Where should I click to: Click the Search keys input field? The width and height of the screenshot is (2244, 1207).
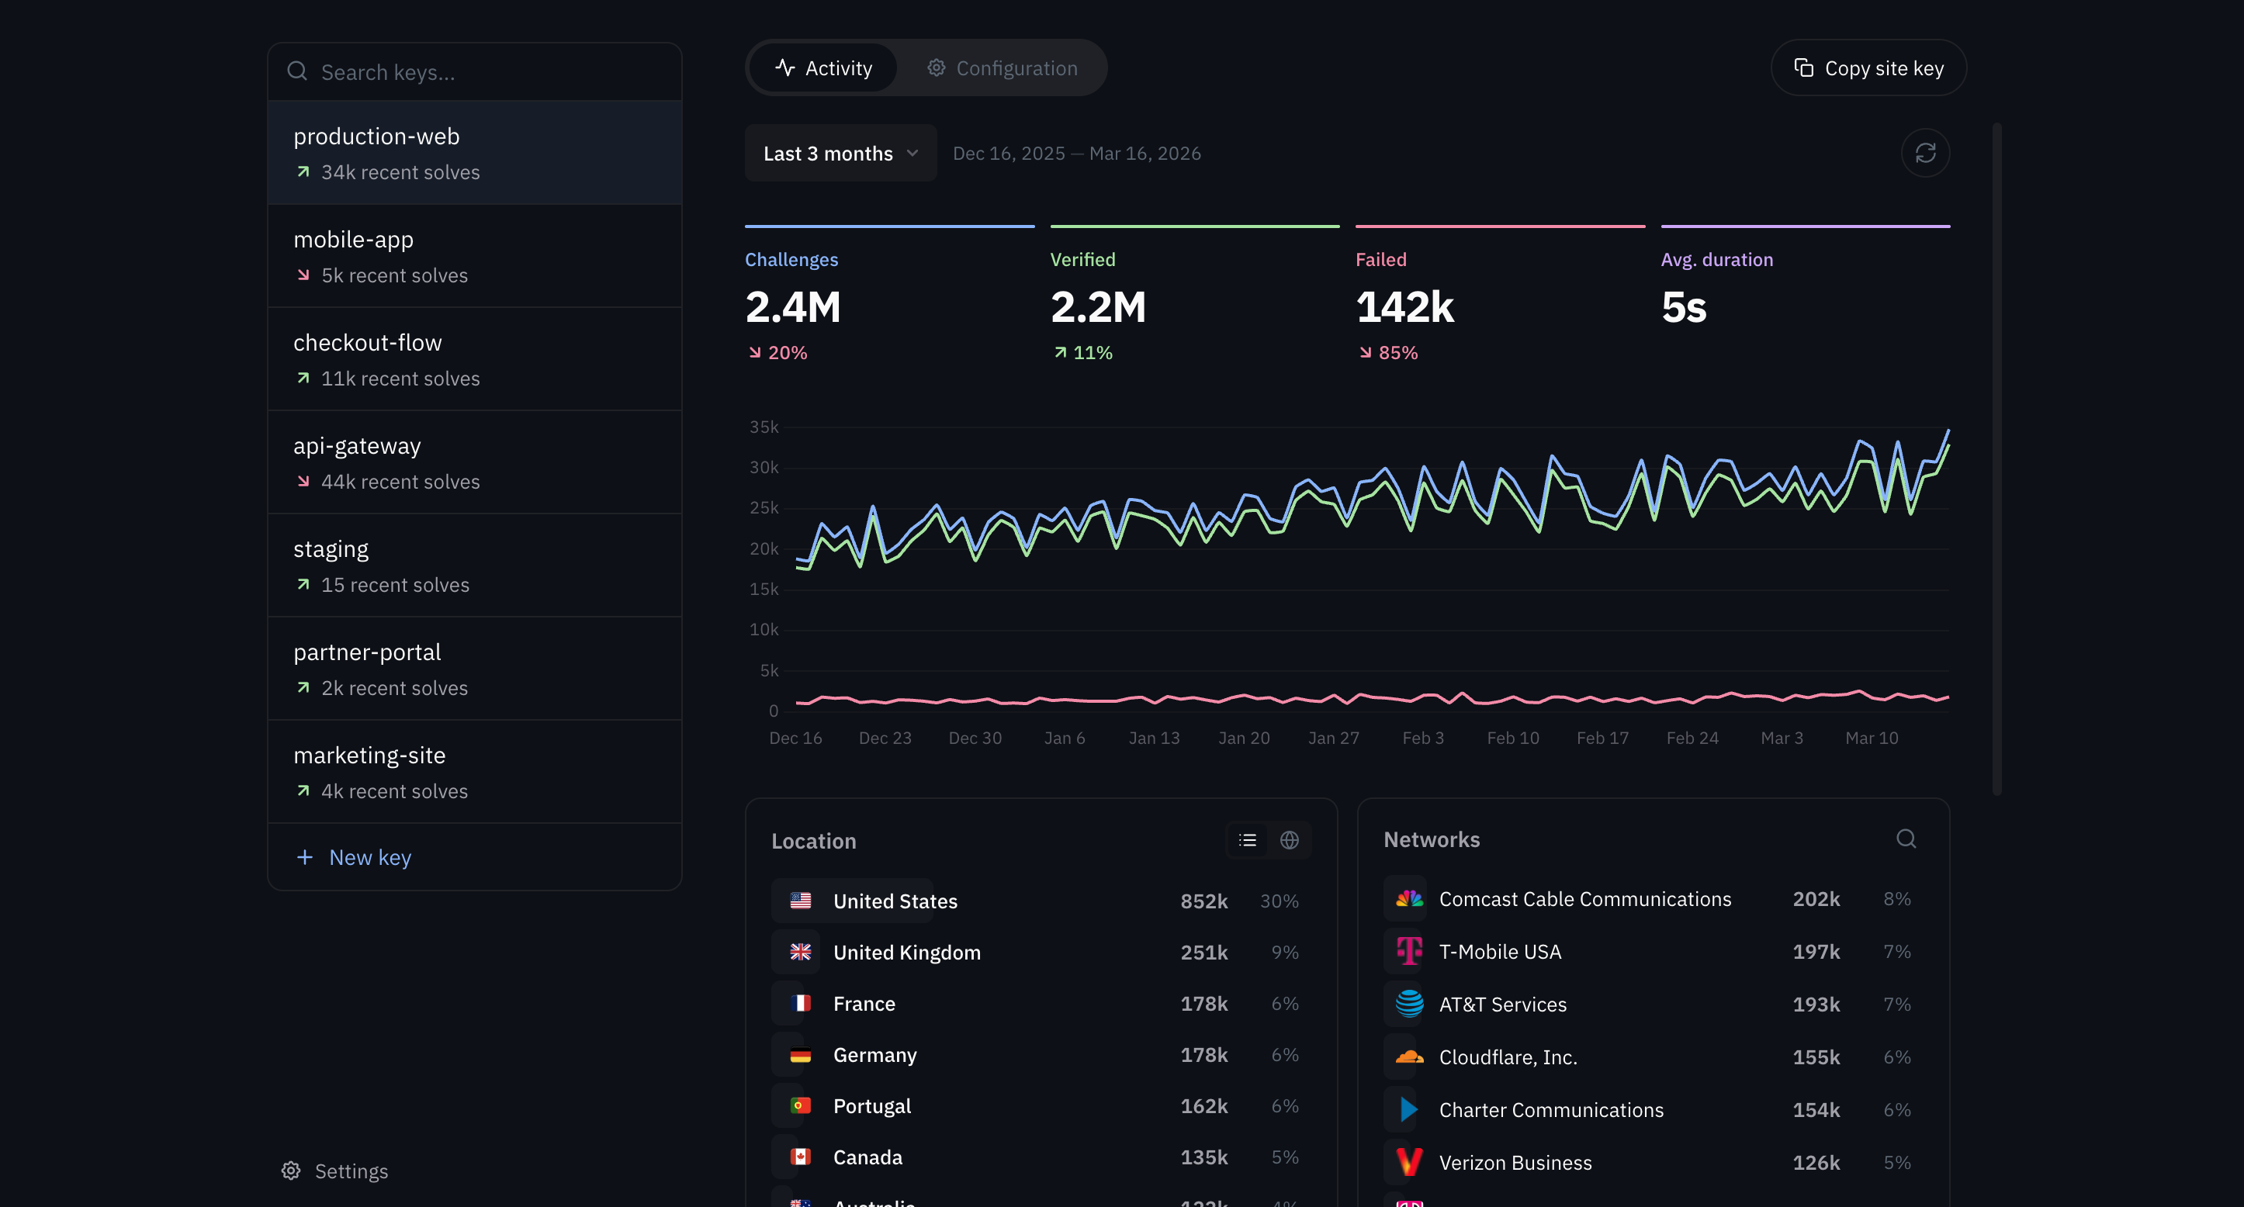point(488,72)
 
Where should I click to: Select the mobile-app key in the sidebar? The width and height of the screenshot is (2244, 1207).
point(474,256)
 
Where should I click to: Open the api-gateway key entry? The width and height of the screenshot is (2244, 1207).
point(474,462)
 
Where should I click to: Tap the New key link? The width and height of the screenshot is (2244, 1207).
point(369,858)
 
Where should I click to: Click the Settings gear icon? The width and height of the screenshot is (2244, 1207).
point(291,1171)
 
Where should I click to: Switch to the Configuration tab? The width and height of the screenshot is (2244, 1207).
point(1003,68)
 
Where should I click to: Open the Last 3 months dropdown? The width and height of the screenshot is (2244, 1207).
point(840,154)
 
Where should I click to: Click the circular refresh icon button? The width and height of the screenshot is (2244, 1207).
point(1924,154)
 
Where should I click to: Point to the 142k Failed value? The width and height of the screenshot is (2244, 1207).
point(1404,307)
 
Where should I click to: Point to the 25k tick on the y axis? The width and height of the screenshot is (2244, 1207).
point(764,508)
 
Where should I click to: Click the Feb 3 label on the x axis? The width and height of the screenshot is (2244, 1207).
point(1422,738)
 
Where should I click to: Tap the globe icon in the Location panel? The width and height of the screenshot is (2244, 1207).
point(1290,840)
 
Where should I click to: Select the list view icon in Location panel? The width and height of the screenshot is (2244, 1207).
point(1248,840)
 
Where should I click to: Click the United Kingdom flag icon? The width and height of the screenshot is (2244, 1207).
point(800,952)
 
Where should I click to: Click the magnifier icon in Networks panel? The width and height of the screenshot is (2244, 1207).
point(1905,839)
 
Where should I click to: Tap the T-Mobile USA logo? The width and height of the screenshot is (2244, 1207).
point(1408,951)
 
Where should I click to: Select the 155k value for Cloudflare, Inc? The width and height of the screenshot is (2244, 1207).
point(1816,1057)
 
